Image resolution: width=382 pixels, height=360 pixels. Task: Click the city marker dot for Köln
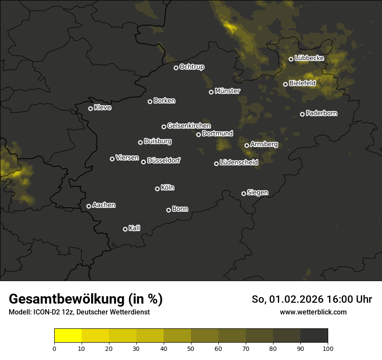point(157,189)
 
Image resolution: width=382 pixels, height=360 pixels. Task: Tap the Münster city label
point(227,91)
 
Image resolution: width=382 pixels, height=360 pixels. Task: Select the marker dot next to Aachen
point(89,206)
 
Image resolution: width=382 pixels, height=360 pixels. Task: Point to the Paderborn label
point(321,113)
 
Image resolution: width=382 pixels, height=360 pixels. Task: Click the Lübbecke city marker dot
point(291,59)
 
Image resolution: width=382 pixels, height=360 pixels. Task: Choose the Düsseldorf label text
point(164,160)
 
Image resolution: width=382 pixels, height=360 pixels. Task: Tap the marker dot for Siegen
point(244,193)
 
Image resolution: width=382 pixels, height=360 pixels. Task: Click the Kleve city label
point(102,108)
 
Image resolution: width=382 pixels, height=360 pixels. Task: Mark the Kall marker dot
point(125,229)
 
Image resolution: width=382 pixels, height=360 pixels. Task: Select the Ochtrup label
point(191,67)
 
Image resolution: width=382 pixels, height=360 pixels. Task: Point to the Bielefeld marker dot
point(285,84)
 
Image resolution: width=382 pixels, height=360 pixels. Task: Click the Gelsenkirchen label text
point(189,126)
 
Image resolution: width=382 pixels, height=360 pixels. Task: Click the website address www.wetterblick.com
point(313,312)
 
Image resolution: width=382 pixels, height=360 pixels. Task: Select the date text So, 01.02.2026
point(290,299)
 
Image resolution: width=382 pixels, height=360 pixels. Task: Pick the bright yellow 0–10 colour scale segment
point(68,336)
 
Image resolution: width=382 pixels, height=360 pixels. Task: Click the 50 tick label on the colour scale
point(191,348)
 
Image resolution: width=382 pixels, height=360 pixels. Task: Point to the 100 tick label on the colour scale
point(328,348)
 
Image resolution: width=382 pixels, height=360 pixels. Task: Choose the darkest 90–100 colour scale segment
point(314,336)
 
